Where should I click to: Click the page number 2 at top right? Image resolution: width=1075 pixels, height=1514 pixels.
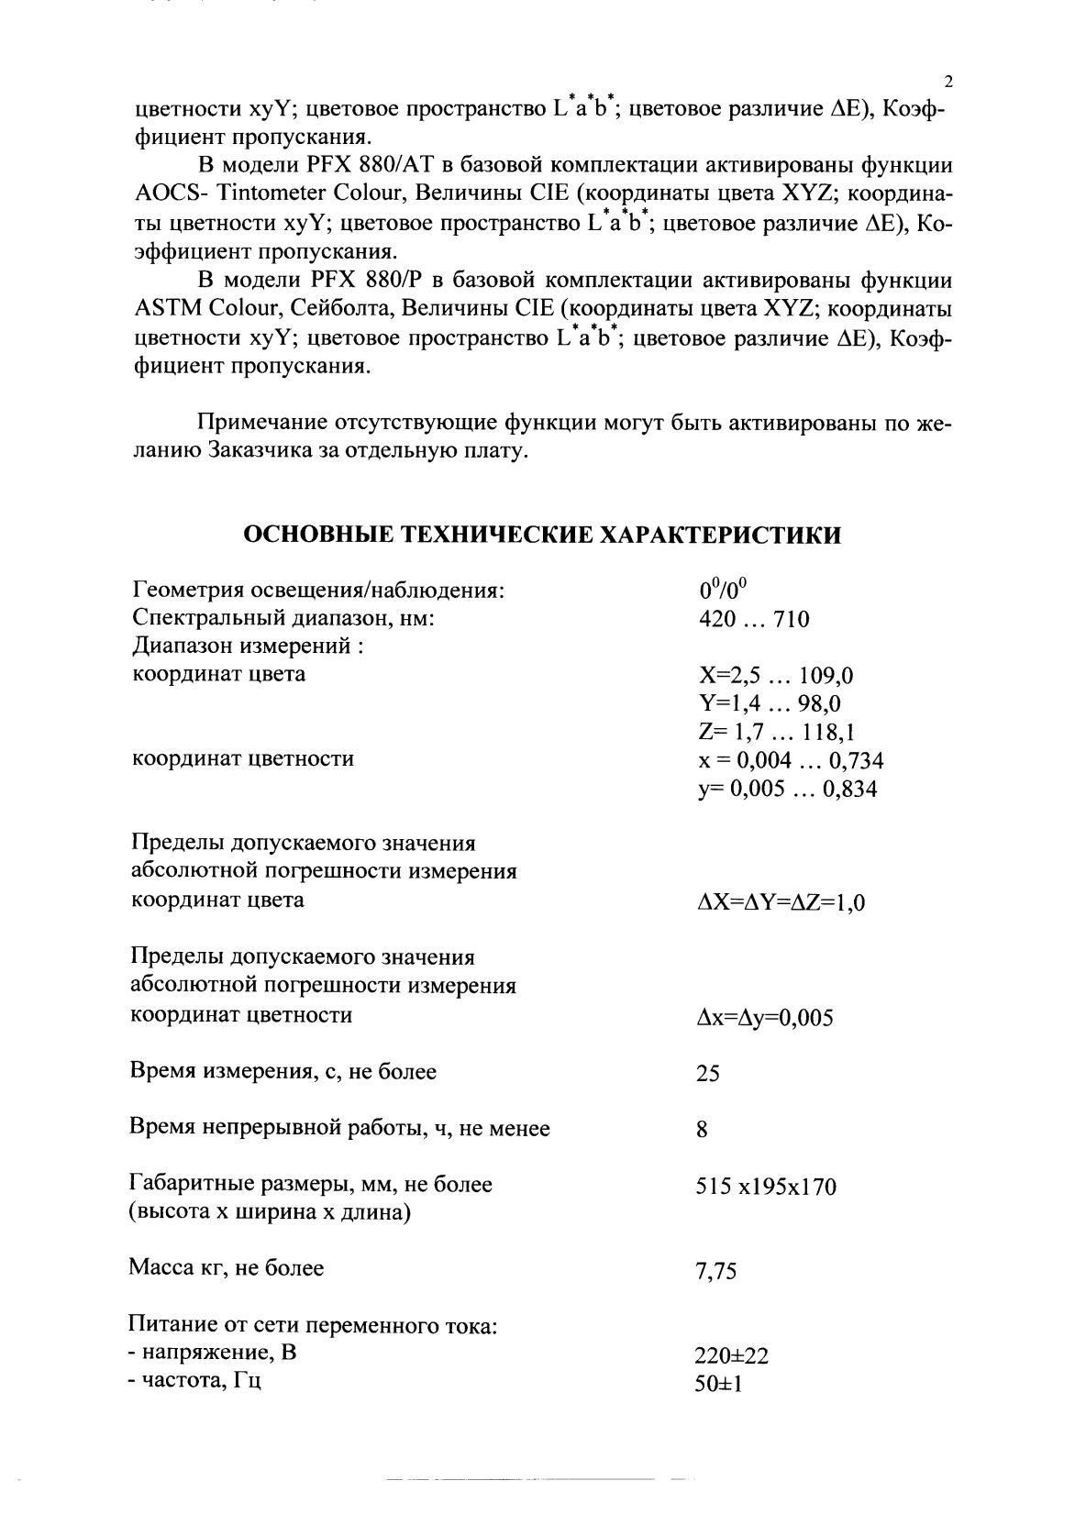coord(948,81)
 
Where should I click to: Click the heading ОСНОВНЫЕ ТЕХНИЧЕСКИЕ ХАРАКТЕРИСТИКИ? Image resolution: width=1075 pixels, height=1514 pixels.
coord(541,535)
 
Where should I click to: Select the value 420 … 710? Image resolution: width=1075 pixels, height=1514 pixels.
coord(754,619)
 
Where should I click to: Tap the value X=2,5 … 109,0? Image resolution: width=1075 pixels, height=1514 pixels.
coord(776,677)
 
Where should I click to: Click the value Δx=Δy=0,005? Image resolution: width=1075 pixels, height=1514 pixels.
coord(765,1018)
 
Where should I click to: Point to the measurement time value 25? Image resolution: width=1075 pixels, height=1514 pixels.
coord(708,1074)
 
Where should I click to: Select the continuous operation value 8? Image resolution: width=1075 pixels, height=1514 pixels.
coord(703,1131)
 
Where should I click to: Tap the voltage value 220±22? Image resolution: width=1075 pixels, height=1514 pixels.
coord(732,1356)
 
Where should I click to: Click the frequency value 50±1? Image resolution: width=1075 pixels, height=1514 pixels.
coord(719,1384)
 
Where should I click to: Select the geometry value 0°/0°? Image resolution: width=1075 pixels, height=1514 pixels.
coord(725,590)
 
